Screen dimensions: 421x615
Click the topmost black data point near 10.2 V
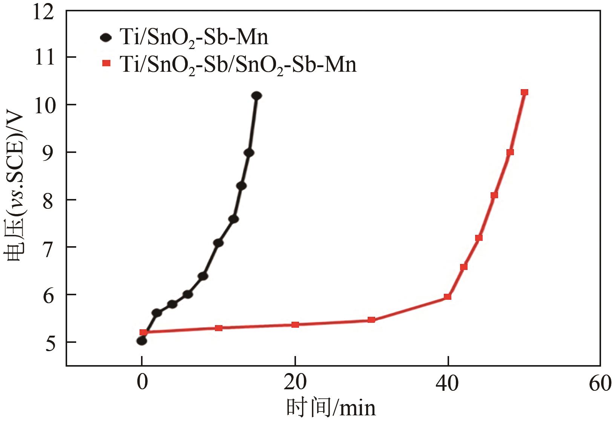tap(256, 96)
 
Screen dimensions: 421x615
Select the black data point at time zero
tap(142, 341)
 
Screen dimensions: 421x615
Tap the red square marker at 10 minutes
tap(219, 328)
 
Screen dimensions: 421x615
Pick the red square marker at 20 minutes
tap(295, 325)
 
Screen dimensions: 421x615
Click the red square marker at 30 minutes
tap(371, 320)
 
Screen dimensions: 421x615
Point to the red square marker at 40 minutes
tap(448, 297)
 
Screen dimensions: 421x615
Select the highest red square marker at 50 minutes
tap(524, 93)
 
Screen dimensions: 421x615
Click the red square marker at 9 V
tap(510, 152)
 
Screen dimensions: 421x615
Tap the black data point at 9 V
tap(249, 153)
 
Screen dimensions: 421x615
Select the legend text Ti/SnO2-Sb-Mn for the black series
tap(193, 38)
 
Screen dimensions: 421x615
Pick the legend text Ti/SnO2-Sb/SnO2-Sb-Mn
tap(238, 65)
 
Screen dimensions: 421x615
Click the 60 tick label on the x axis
tap(600, 384)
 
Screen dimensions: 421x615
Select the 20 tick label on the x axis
tap(295, 384)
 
